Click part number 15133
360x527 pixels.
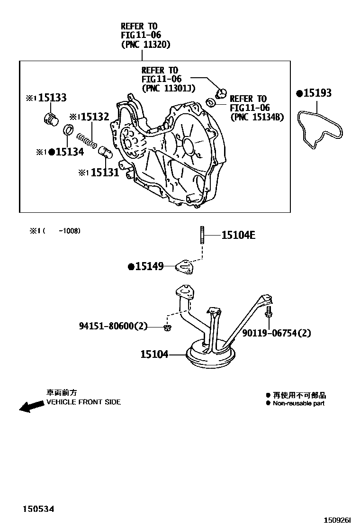(52, 98)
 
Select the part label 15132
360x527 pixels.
(95, 117)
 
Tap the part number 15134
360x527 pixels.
(69, 152)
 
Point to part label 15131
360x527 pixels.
(105, 173)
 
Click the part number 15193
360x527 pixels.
(317, 93)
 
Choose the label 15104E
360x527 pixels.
(238, 235)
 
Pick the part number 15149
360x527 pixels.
(149, 267)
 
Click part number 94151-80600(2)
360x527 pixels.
(113, 326)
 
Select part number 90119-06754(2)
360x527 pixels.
(277, 333)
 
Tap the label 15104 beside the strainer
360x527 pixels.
(154, 354)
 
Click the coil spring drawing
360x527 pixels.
(88, 140)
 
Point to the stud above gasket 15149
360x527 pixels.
(203, 236)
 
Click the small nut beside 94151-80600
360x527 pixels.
(167, 327)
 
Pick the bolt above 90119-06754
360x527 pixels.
(269, 312)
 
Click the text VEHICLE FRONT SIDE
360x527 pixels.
(83, 402)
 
